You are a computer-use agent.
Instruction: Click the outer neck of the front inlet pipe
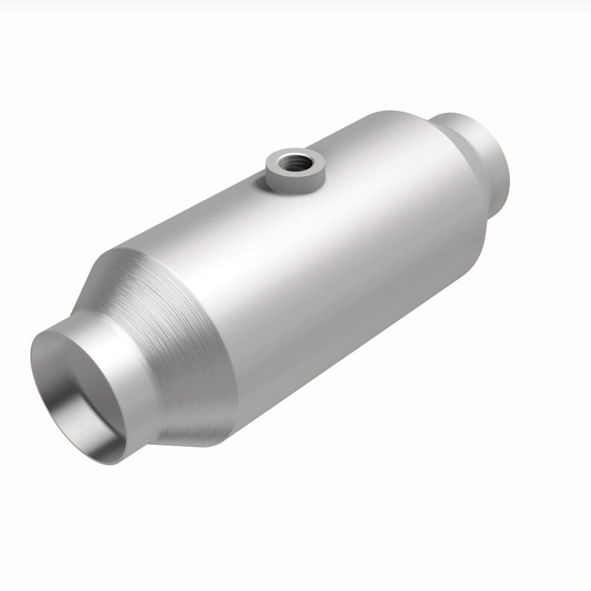tap(126, 369)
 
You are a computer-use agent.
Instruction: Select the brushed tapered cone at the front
tap(177, 325)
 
